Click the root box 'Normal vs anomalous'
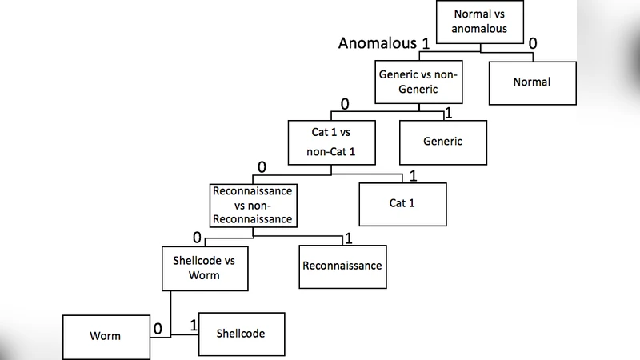[x=480, y=22]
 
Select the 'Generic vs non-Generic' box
[x=418, y=82]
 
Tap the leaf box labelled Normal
[x=532, y=82]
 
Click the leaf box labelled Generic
[x=442, y=142]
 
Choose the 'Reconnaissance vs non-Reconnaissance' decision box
[x=252, y=205]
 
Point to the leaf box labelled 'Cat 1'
[x=402, y=203]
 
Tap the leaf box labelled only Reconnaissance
[x=342, y=266]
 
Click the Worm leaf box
[x=106, y=335]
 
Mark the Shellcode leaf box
[x=241, y=333]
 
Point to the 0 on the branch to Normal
[x=532, y=42]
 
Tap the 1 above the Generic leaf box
[x=448, y=113]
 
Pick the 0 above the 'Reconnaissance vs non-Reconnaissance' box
[x=261, y=167]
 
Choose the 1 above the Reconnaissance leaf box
[x=347, y=238]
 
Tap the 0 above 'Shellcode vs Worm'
[x=197, y=238]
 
